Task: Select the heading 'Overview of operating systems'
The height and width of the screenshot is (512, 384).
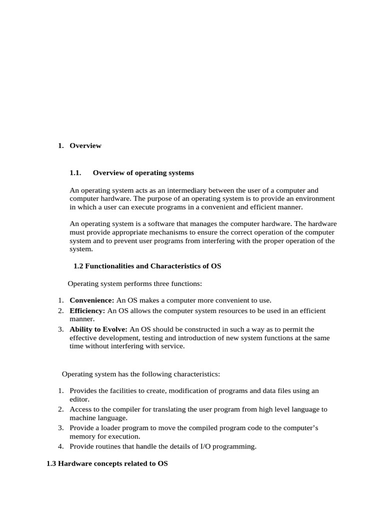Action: click(143, 172)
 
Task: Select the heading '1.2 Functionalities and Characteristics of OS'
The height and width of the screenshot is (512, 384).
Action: click(147, 266)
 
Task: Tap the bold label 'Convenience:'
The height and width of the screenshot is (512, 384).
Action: click(92, 300)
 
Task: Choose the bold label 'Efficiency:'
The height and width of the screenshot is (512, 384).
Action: click(87, 310)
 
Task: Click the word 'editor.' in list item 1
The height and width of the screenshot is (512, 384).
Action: click(79, 399)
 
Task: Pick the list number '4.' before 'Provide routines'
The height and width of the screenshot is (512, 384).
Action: click(60, 446)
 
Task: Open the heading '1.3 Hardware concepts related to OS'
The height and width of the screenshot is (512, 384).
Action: click(107, 463)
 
